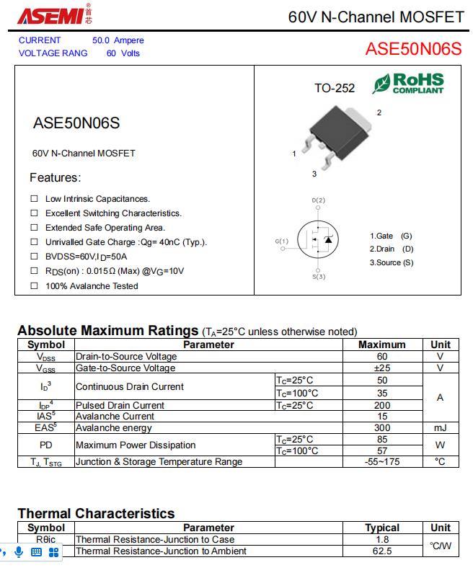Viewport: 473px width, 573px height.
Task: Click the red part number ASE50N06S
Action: (412, 48)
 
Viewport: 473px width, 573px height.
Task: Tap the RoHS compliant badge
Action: (409, 84)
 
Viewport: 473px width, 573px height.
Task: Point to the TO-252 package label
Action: (335, 88)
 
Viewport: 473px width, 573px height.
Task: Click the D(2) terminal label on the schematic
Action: (319, 200)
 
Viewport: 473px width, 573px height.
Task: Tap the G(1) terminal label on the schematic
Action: (282, 241)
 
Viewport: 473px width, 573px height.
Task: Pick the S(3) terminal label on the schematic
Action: (319, 277)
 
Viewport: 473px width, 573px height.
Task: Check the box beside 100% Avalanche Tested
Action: (34, 286)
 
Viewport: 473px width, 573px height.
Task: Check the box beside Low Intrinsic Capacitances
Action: (34, 198)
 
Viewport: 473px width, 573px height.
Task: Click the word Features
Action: (55, 177)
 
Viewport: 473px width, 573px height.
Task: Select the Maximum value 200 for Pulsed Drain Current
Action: (382, 406)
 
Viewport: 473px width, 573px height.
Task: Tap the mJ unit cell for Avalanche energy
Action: (440, 428)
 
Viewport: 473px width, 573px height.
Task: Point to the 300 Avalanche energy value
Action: (382, 428)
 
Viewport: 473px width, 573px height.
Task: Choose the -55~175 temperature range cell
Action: (382, 462)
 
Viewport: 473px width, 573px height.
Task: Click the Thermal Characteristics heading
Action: (96, 513)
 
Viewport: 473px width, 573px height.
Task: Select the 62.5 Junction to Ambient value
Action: (382, 551)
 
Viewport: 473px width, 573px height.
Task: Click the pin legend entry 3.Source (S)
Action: (392, 262)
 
